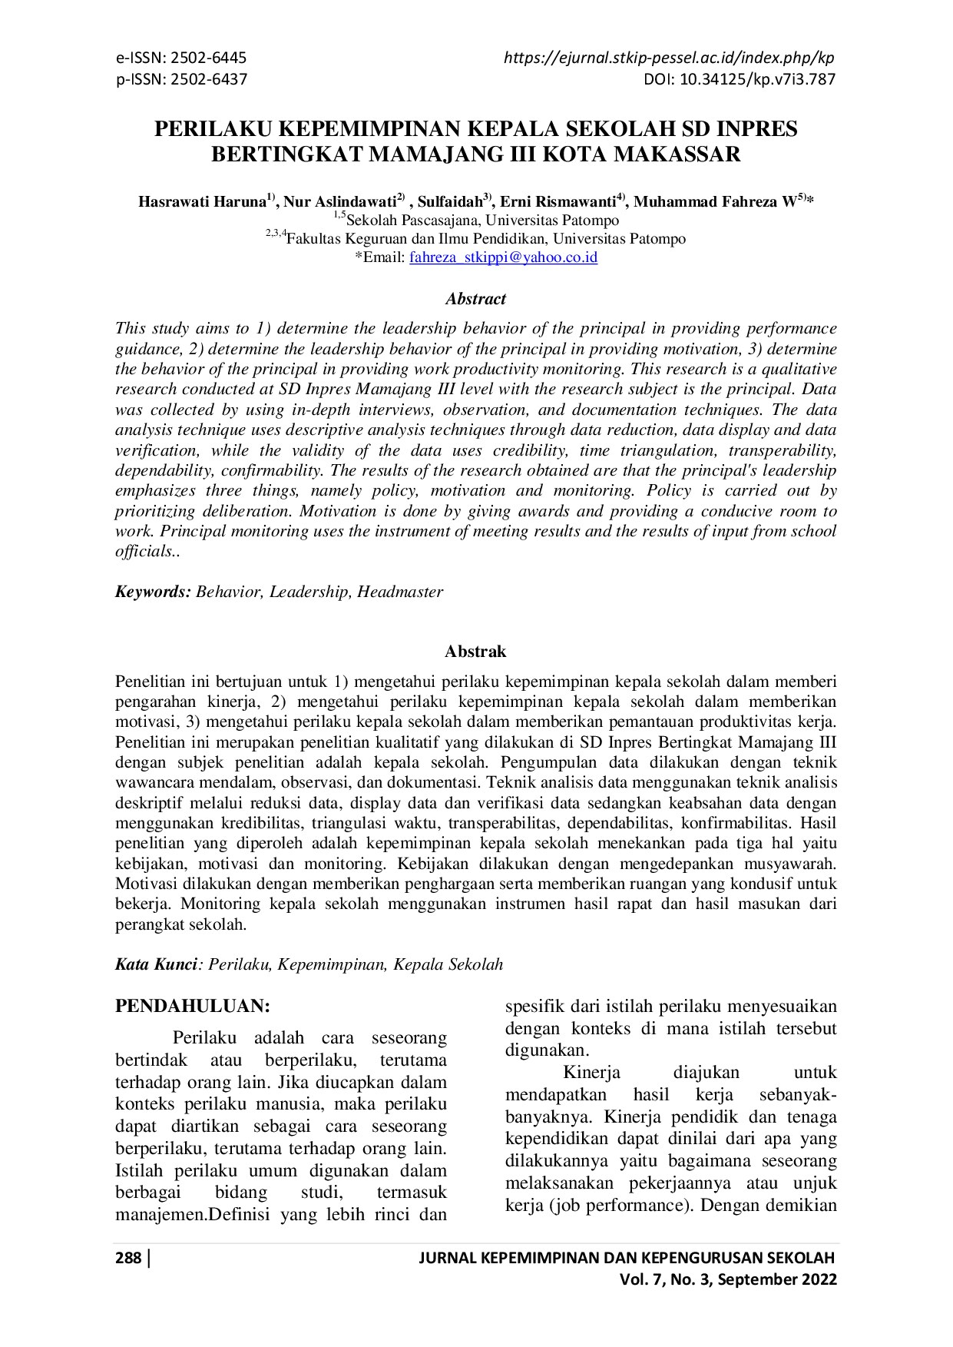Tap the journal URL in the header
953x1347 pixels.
669,58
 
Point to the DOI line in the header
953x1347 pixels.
740,79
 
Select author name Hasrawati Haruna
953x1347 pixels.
202,203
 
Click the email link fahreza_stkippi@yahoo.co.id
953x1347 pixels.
503,258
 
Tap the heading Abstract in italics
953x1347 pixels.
475,299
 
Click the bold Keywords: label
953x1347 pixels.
153,592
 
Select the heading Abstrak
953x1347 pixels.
475,652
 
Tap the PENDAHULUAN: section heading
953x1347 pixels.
192,1006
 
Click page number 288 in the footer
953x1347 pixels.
127,1258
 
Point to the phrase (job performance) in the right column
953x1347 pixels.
620,1205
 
